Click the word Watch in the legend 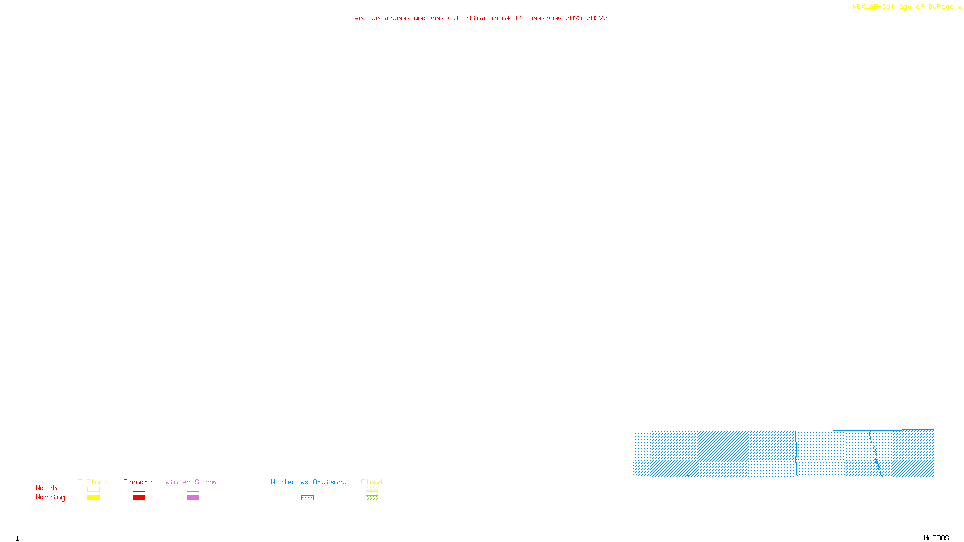tap(46, 488)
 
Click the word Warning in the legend tap(51, 497)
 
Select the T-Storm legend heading tap(93, 482)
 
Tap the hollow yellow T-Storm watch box tap(93, 490)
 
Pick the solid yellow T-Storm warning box tap(93, 498)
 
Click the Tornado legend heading tap(138, 482)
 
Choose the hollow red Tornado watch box tap(139, 490)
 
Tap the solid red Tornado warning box tap(139, 498)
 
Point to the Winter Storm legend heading tap(190, 482)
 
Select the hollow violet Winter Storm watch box tap(193, 490)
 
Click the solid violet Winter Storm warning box tap(193, 498)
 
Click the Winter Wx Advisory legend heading tap(308, 482)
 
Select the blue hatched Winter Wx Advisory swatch tap(307, 498)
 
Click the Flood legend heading tap(372, 482)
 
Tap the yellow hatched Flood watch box tap(372, 490)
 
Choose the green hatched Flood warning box tap(372, 498)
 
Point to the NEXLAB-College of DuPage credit tap(903, 7)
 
